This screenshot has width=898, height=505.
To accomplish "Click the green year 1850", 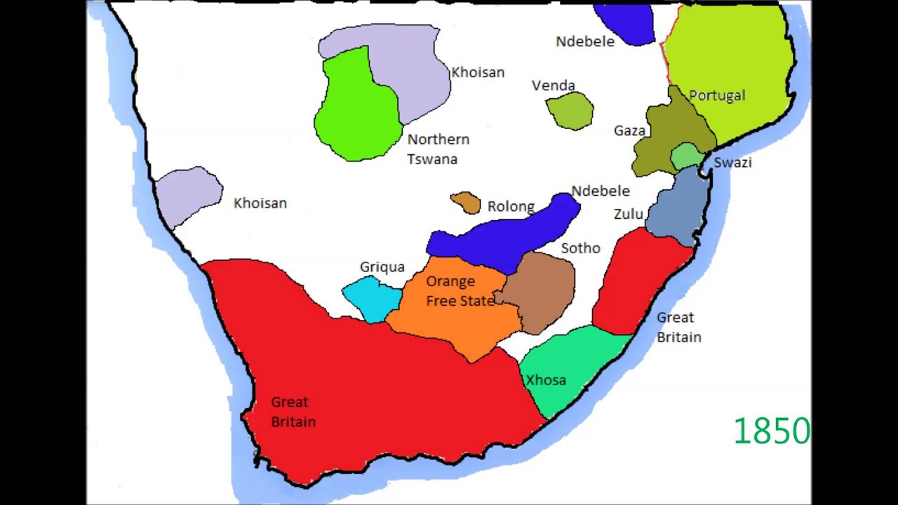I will (x=771, y=431).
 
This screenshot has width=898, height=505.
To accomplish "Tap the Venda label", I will (x=553, y=86).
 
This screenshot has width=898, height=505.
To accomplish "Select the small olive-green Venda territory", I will (x=570, y=111).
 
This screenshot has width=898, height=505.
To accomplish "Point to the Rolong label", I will (x=511, y=207).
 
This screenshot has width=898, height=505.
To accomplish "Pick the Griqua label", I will (x=382, y=267).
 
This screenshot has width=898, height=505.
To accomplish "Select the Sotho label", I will (x=580, y=248).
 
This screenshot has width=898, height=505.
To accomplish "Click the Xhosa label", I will (x=546, y=380).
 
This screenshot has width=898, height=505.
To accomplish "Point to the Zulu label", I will (x=629, y=214).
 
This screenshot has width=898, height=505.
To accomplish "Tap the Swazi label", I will (x=732, y=163).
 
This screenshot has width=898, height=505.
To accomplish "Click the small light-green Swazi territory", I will (x=685, y=156).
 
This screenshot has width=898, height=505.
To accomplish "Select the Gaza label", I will (x=629, y=131).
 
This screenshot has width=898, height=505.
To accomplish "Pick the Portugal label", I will (x=717, y=95).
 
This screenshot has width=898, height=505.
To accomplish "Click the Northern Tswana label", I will (x=437, y=149).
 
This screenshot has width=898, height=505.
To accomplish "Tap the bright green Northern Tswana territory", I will (x=354, y=112).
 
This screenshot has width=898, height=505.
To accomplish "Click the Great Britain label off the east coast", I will (x=678, y=328).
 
